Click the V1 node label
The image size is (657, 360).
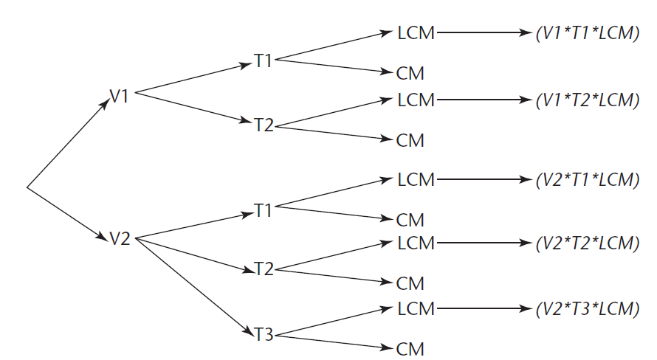coord(120,96)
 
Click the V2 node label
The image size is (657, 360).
coord(120,238)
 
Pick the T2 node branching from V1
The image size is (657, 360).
coord(264,125)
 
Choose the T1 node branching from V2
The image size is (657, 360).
coord(264,210)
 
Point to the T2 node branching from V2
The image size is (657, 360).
coord(264,269)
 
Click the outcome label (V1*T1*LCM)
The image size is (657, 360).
coord(588,34)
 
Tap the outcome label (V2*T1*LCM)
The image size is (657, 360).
coord(588,179)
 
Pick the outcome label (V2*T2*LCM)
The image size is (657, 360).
coord(588,243)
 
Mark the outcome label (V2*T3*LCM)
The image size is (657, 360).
coord(588,308)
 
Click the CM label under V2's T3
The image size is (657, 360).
coord(410,349)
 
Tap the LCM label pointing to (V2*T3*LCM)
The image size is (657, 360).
coord(416,308)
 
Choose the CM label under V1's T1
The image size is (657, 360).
coord(410,74)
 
